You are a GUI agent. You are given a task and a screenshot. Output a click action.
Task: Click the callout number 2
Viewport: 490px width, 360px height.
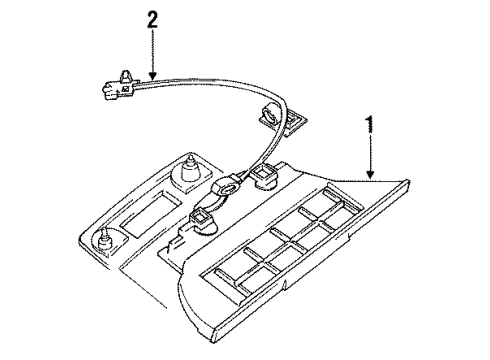(x=152, y=18)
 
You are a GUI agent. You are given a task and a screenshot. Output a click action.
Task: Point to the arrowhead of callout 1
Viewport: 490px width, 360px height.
(x=371, y=177)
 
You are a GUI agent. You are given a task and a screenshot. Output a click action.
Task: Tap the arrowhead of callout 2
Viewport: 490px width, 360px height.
(x=152, y=79)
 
